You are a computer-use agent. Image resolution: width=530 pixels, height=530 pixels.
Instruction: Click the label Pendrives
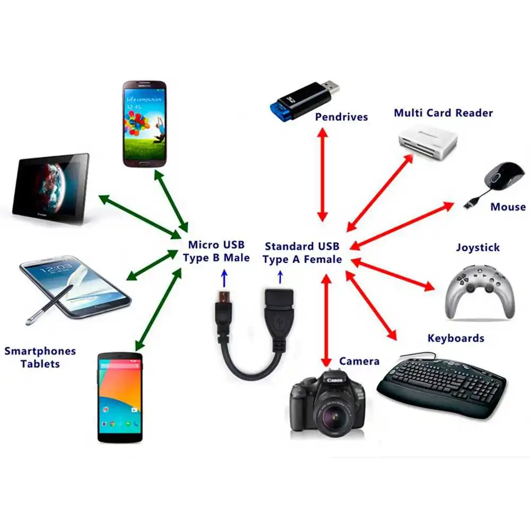(341, 117)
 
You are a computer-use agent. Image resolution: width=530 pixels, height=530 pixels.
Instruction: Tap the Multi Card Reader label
(443, 113)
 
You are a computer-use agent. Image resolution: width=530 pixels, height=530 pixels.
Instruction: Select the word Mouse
(508, 207)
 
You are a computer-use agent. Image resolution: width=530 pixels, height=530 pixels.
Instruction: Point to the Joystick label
(478, 248)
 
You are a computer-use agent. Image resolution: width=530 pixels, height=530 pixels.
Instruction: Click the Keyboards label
(456, 338)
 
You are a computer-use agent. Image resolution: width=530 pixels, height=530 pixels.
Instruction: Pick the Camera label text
(359, 361)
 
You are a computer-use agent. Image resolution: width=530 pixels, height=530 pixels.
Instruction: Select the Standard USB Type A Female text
(302, 253)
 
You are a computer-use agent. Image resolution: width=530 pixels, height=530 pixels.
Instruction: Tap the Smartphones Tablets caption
(40, 357)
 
